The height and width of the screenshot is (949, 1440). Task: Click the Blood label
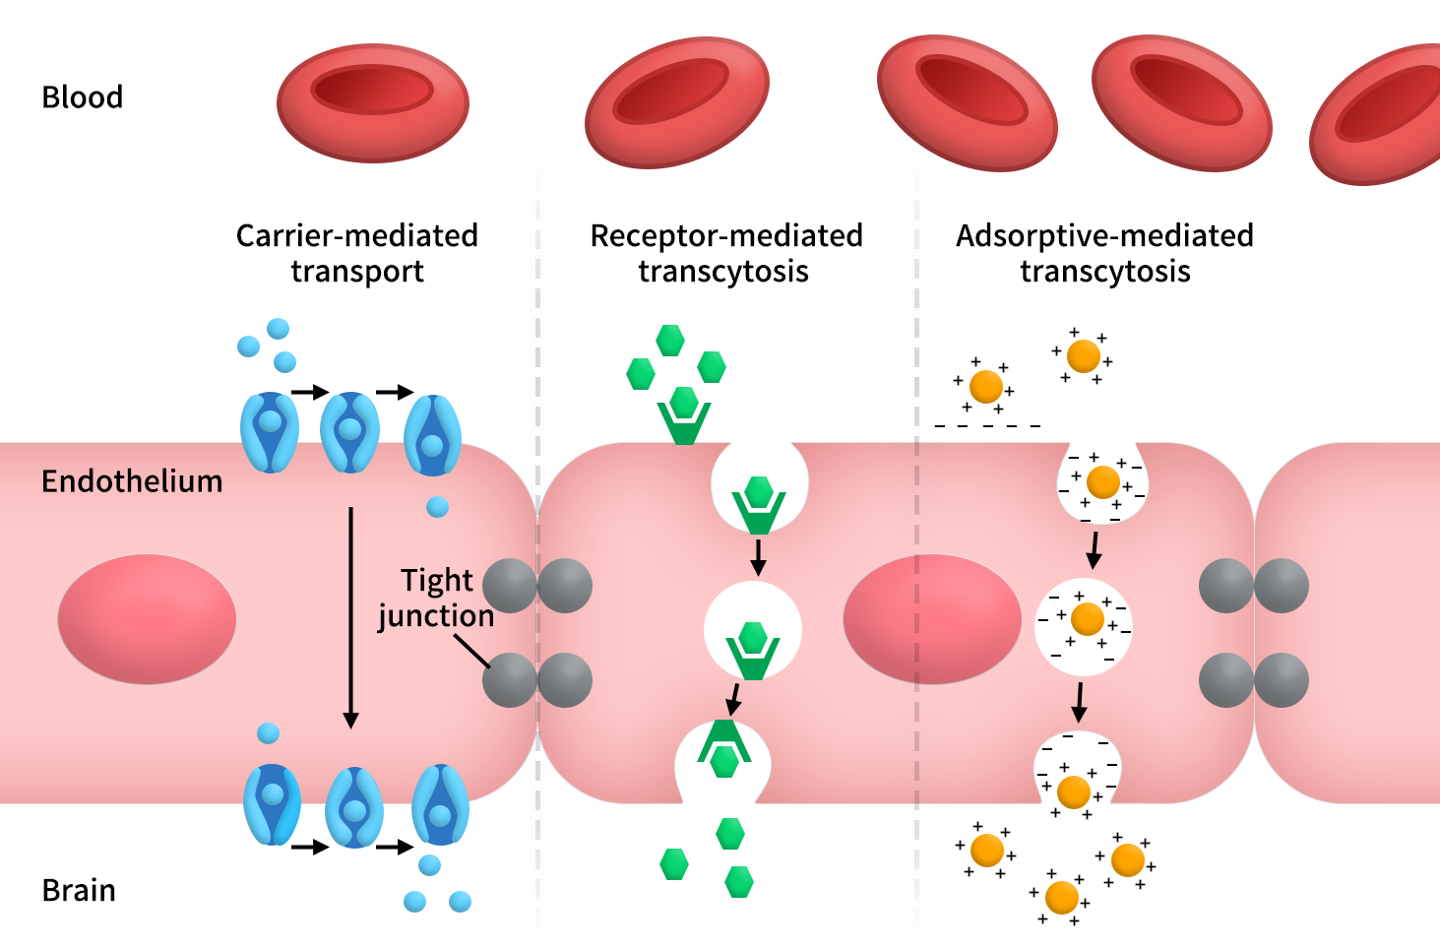click(x=82, y=97)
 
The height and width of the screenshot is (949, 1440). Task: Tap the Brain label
click(x=79, y=890)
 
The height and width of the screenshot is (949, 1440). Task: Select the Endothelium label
click(x=132, y=481)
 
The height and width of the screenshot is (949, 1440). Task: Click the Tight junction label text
click(x=436, y=598)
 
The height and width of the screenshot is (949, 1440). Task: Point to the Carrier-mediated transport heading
click(x=356, y=253)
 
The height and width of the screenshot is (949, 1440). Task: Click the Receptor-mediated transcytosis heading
click(x=725, y=253)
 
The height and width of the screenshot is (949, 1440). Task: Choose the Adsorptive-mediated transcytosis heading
click(x=1104, y=253)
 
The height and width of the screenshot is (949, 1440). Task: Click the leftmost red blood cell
click(x=372, y=99)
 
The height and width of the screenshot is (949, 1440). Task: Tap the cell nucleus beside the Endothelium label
click(x=147, y=618)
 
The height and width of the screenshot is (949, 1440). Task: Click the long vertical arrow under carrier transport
click(x=350, y=617)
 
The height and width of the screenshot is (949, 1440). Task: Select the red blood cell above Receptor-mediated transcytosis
click(x=676, y=102)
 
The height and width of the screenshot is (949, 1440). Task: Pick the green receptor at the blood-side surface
click(x=684, y=417)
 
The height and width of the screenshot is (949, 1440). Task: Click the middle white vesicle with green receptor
click(x=753, y=630)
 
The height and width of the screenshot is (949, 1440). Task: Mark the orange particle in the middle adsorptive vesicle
click(x=1087, y=619)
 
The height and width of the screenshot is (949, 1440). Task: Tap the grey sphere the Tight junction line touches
click(x=509, y=679)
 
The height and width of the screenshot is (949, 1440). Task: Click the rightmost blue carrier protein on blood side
click(x=433, y=434)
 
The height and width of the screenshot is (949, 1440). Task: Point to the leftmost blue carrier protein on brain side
click(x=272, y=804)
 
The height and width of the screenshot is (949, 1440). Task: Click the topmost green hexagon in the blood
click(x=670, y=340)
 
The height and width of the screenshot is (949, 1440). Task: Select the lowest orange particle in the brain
click(x=1061, y=898)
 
